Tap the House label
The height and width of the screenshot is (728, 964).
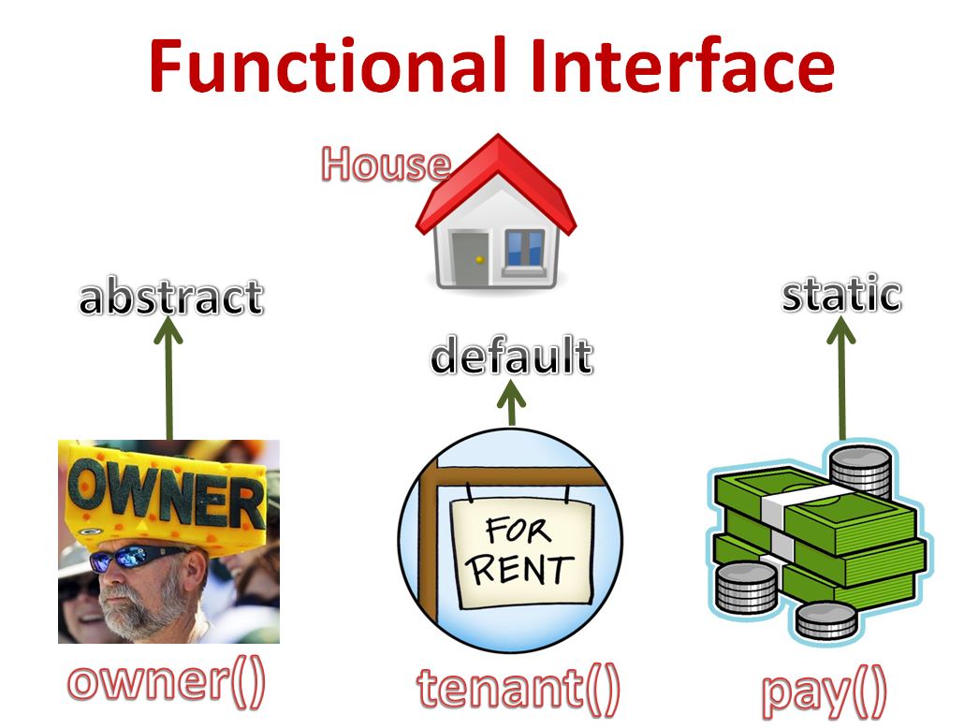coord(385,165)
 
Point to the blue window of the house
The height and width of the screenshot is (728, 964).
coord(524,248)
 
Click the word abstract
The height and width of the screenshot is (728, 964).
coord(170,298)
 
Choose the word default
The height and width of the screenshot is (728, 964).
coord(511,357)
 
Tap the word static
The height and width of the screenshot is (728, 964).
coord(841,295)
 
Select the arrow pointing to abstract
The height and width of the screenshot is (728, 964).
coord(168,374)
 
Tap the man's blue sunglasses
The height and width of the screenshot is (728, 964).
coord(139,558)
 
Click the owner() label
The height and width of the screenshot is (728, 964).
coord(167,682)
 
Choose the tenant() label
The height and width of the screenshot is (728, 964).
coord(518,690)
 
